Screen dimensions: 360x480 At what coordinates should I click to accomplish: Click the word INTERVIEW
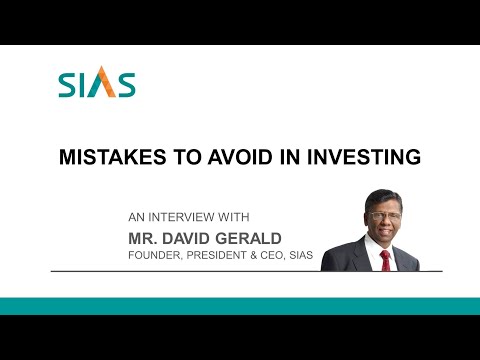pos(188,216)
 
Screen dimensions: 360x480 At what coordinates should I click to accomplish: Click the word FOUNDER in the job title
pos(155,255)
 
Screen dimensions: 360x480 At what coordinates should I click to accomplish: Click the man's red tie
pos(385,259)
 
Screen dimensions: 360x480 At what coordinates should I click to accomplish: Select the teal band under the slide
pos(240,306)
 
